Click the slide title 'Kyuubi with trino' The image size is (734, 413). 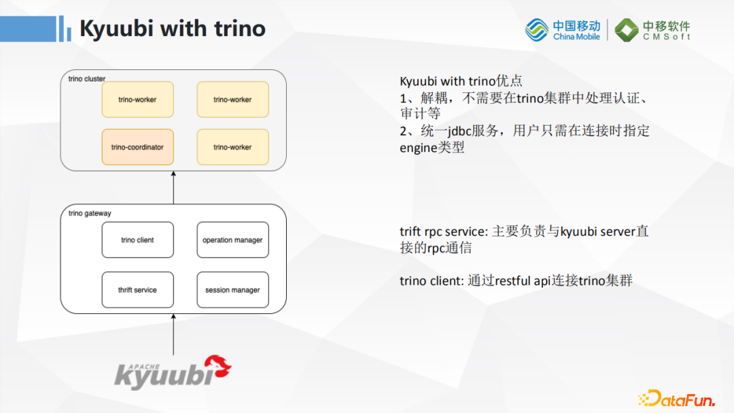coord(172,29)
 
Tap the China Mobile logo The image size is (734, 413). coord(563,30)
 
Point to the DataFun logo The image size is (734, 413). coord(676,398)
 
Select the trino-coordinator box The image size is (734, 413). coord(137,147)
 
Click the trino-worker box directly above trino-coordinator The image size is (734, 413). coord(137,99)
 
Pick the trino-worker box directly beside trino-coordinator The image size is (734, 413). coord(232,147)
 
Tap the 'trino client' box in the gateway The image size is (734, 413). coord(137,240)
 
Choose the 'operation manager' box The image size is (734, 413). coord(232,240)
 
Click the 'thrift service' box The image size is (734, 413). coord(137,290)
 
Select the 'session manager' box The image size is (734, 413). coord(232,290)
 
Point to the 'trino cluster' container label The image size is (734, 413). coord(87,79)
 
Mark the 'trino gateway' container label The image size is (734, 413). coord(90,213)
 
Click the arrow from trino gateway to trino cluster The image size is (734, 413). coord(173,187)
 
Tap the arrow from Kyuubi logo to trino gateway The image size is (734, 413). coord(173,334)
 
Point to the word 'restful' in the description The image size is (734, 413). coord(515,280)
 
